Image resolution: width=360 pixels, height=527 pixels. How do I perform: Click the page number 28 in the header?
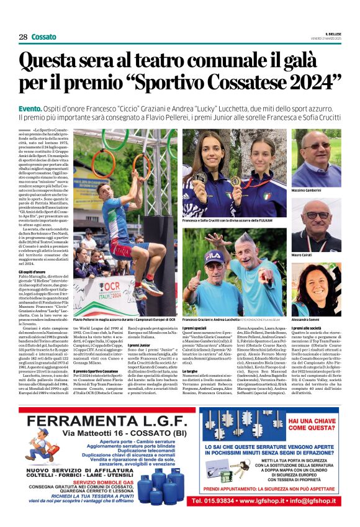pos(23,37)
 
